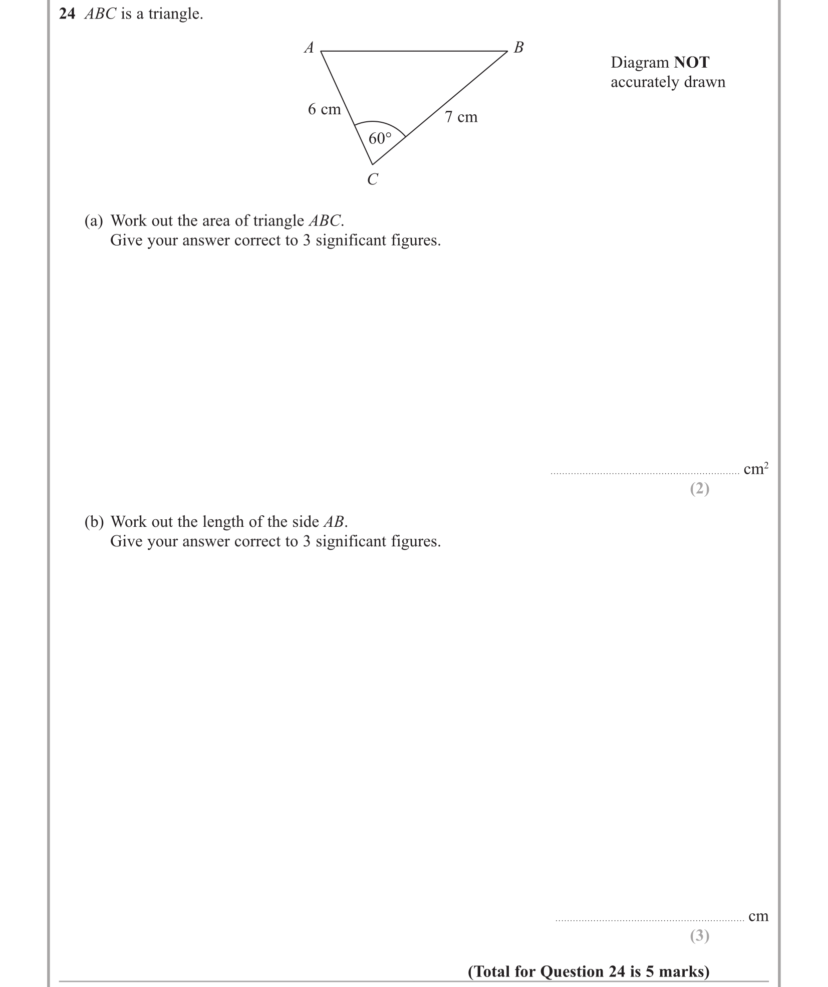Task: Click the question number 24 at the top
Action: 67,14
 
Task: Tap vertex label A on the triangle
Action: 309,48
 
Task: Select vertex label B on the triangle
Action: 519,47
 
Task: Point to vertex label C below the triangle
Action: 372,179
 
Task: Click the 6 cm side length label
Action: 324,109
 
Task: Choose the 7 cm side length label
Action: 461,117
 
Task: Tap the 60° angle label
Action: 380,138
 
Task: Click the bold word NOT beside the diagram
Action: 691,63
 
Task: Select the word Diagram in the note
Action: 640,63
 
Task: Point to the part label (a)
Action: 94,221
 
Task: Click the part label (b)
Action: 94,522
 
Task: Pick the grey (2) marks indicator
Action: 699,489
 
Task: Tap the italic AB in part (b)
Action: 334,522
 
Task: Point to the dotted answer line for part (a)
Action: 644,473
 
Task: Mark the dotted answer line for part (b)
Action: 649,920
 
